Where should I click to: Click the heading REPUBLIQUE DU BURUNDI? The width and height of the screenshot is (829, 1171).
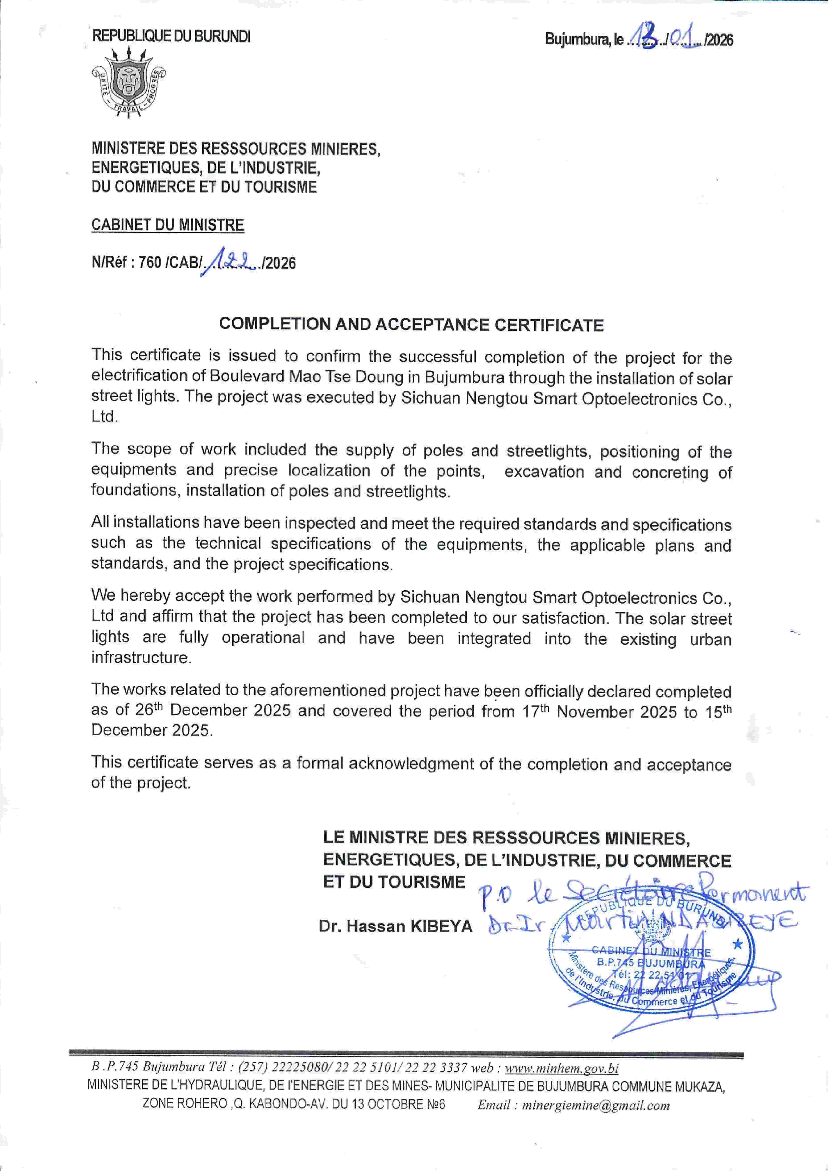171,37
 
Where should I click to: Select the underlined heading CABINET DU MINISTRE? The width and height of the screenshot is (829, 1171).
167,225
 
